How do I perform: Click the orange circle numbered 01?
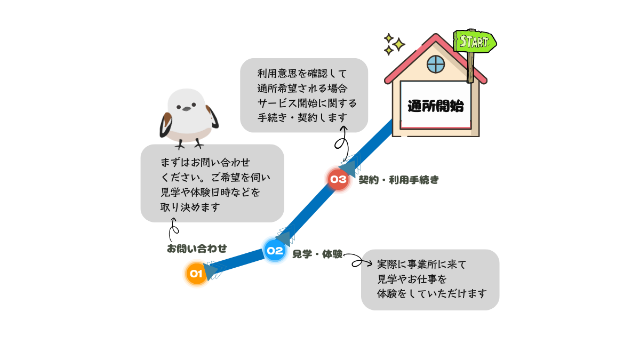click(x=196, y=274)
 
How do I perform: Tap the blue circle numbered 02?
click(x=275, y=250)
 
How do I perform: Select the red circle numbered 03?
click(x=338, y=179)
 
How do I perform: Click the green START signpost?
click(x=474, y=42)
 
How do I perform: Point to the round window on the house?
click(x=436, y=65)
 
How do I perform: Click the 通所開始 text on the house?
click(x=435, y=106)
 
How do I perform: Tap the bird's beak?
click(x=186, y=108)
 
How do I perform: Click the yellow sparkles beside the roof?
click(x=393, y=44)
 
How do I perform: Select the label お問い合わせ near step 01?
click(x=196, y=249)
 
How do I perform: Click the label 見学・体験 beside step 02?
click(x=317, y=254)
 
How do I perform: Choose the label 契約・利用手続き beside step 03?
click(x=398, y=180)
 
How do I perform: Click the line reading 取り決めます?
click(x=190, y=207)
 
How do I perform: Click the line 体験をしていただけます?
click(x=432, y=293)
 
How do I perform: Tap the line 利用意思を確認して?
click(x=302, y=74)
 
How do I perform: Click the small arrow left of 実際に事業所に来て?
click(x=366, y=263)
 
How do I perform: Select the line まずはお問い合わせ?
click(x=205, y=162)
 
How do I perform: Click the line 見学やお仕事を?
click(x=412, y=278)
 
